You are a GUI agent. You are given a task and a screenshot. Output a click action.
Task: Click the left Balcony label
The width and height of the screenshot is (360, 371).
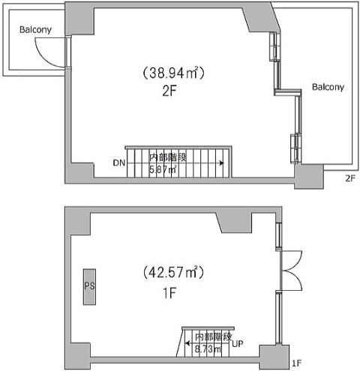pyautogui.click(x=35, y=30)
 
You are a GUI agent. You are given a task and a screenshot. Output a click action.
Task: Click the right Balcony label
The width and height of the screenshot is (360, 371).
pyautogui.click(x=328, y=87)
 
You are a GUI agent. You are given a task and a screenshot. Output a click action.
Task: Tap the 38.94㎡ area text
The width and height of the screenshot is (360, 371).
pyautogui.click(x=174, y=73)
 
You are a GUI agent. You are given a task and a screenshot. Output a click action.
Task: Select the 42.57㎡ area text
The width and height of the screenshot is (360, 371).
pyautogui.click(x=174, y=272)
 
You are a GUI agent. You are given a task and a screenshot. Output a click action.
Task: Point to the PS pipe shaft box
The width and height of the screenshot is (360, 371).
pyautogui.click(x=89, y=287)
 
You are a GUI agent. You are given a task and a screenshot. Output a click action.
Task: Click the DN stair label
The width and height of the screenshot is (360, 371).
pyautogui.click(x=119, y=163)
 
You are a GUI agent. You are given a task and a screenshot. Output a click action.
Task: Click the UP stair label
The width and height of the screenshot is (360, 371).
pyautogui.click(x=238, y=344)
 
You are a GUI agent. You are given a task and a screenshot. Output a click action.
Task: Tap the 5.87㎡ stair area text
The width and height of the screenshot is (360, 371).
pyautogui.click(x=163, y=169)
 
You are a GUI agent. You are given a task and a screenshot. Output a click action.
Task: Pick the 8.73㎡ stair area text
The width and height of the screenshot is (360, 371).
pyautogui.click(x=208, y=349)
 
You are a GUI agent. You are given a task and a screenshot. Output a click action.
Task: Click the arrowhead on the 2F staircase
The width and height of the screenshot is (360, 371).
pyautogui.click(x=221, y=163)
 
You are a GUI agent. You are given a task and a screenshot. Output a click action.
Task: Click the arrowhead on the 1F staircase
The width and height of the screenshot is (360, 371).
pyautogui.click(x=187, y=343)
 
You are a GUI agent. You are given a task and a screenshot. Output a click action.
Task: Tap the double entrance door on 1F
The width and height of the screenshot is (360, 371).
pyautogui.click(x=291, y=271)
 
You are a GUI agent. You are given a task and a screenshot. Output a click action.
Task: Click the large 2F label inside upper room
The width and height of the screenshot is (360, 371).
pyautogui.click(x=169, y=91)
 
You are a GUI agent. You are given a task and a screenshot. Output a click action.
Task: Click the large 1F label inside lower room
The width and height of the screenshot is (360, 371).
pyautogui.click(x=169, y=293)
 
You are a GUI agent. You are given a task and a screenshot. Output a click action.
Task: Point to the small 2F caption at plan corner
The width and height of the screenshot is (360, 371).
pyautogui.click(x=350, y=178)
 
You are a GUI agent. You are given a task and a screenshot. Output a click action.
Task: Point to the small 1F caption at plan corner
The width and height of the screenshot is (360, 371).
pyautogui.click(x=297, y=364)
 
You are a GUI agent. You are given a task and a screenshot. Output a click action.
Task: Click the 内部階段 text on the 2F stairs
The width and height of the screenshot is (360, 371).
pyautogui.click(x=168, y=157)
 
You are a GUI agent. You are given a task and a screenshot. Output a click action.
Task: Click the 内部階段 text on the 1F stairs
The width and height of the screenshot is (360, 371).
pyautogui.click(x=214, y=337)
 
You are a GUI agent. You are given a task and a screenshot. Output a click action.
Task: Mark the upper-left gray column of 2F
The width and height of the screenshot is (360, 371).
pyautogui.click(x=79, y=19)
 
